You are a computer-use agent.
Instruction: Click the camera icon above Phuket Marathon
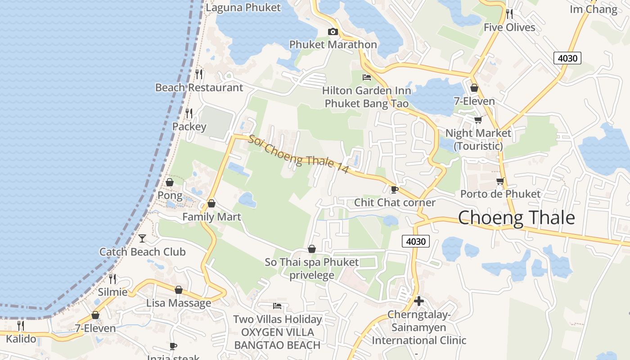[x=333, y=31]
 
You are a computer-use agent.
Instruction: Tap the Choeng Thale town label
[x=516, y=218]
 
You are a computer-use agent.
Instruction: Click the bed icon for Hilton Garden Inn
[x=367, y=77]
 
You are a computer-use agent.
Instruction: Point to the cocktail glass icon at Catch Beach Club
[x=142, y=238]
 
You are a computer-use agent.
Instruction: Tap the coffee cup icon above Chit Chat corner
[x=394, y=189]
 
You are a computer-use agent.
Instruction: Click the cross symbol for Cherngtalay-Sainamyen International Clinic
[x=419, y=301]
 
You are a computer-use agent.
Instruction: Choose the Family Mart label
[x=211, y=217]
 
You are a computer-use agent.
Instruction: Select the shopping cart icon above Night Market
[x=478, y=120]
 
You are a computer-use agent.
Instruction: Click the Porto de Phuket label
[x=500, y=194]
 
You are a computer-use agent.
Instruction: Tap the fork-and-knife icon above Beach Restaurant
[x=199, y=74]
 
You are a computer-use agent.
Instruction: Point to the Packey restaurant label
[x=189, y=127]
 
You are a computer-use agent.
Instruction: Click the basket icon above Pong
[x=170, y=182]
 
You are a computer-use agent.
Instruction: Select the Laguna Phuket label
[x=243, y=8]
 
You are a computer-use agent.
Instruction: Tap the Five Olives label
[x=509, y=27]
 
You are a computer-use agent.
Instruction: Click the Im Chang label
[x=594, y=9]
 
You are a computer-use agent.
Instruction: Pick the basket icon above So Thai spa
[x=311, y=249]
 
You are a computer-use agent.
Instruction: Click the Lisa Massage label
[x=179, y=303]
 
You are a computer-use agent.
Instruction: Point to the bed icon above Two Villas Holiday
[x=277, y=306]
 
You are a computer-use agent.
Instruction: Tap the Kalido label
[x=21, y=339]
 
